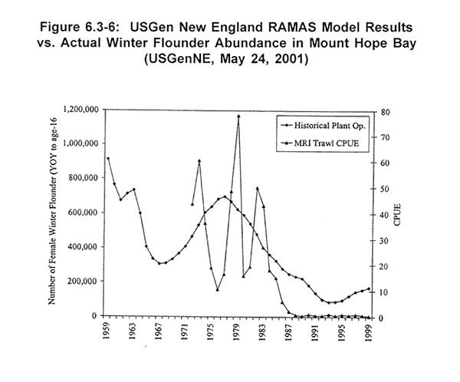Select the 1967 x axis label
coord(160,332)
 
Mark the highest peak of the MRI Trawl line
coord(238,116)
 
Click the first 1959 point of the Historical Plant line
coord(108,159)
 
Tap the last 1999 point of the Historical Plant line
coord(369,289)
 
